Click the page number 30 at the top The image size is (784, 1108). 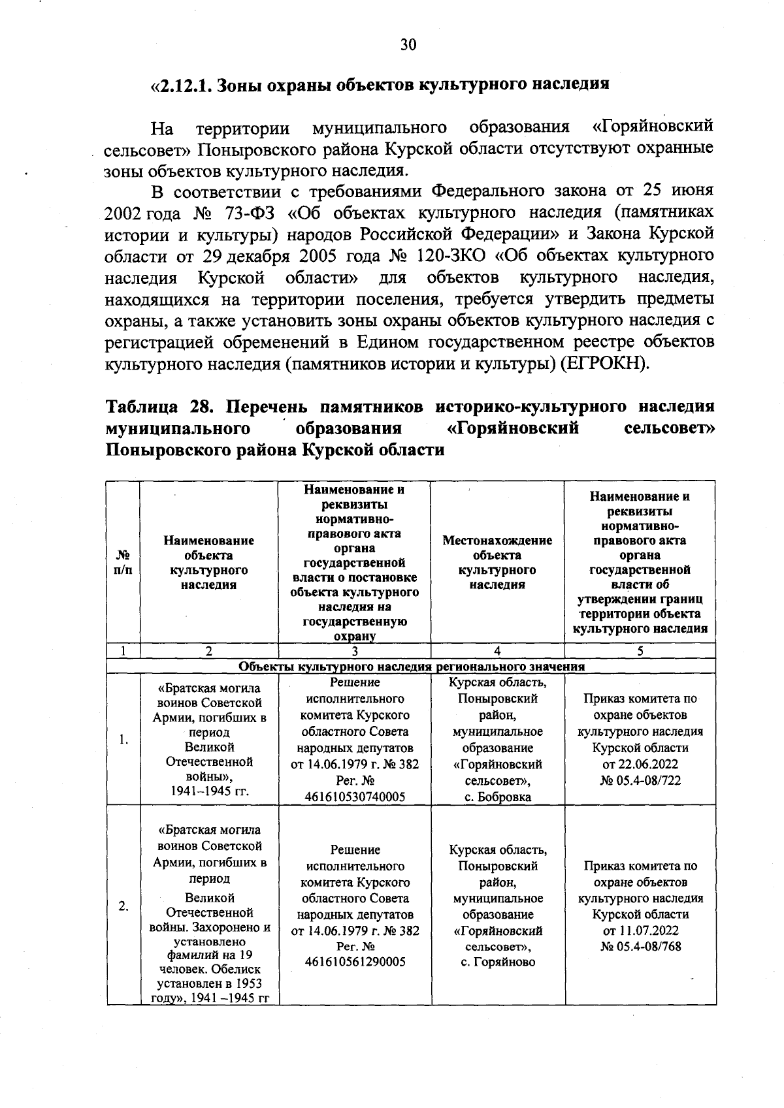pyautogui.click(x=408, y=44)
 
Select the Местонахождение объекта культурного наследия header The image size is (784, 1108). pyautogui.click(x=497, y=562)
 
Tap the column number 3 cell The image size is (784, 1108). pyautogui.click(x=354, y=650)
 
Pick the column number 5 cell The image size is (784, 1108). pyautogui.click(x=640, y=650)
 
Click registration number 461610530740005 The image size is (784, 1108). pyautogui.click(x=355, y=797)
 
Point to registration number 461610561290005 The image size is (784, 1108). pyautogui.click(x=355, y=962)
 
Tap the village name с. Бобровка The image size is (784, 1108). pyautogui.click(x=498, y=797)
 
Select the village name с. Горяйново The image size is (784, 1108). pyautogui.click(x=498, y=962)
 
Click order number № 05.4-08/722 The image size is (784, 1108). pyautogui.click(x=640, y=780)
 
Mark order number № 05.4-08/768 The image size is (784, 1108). pyautogui.click(x=640, y=946)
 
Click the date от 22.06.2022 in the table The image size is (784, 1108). pyautogui.click(x=640, y=764)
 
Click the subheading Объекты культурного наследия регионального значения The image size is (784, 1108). pyautogui.click(x=412, y=667)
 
